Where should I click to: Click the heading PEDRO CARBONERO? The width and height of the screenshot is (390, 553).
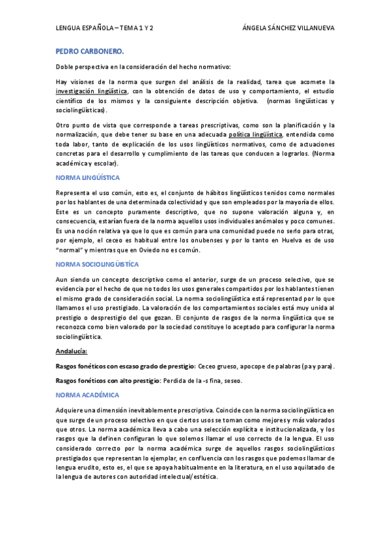(81, 50)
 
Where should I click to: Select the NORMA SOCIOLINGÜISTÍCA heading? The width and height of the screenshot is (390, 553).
(98, 263)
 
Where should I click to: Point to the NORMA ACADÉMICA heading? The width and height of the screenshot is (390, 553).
(87, 395)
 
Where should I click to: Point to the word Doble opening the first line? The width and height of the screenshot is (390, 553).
(66, 67)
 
